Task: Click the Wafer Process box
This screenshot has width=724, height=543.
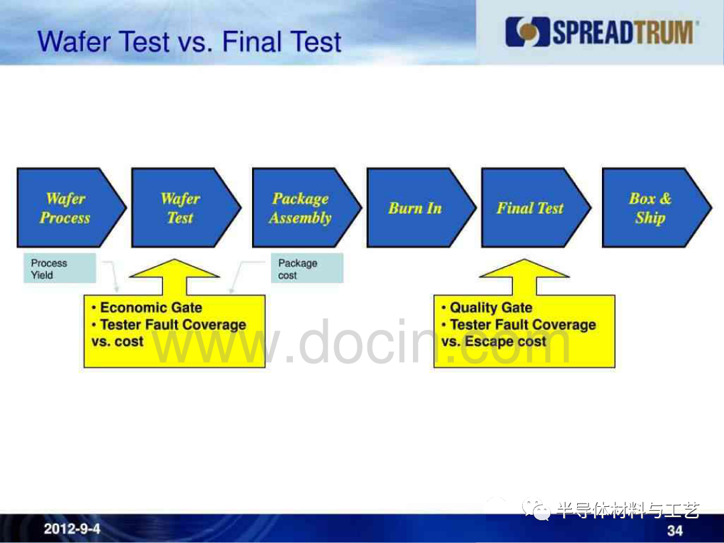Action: [x=69, y=208]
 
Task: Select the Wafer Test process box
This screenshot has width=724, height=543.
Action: [x=184, y=208]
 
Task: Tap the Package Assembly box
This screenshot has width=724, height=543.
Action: [x=305, y=208]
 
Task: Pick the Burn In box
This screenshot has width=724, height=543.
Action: [x=419, y=208]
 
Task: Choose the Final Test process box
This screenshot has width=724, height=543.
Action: [x=534, y=208]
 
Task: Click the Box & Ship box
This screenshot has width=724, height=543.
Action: [x=655, y=208]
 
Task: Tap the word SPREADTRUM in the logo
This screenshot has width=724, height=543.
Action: [x=623, y=32]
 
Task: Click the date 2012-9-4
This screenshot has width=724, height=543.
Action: [x=72, y=529]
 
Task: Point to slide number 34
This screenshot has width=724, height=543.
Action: [x=674, y=530]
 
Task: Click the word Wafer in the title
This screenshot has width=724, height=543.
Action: [x=74, y=42]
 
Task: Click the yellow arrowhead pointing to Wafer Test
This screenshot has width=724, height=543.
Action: [x=174, y=269]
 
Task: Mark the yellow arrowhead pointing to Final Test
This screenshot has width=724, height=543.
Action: [x=524, y=269]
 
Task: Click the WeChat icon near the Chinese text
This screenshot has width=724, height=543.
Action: [x=536, y=509]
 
